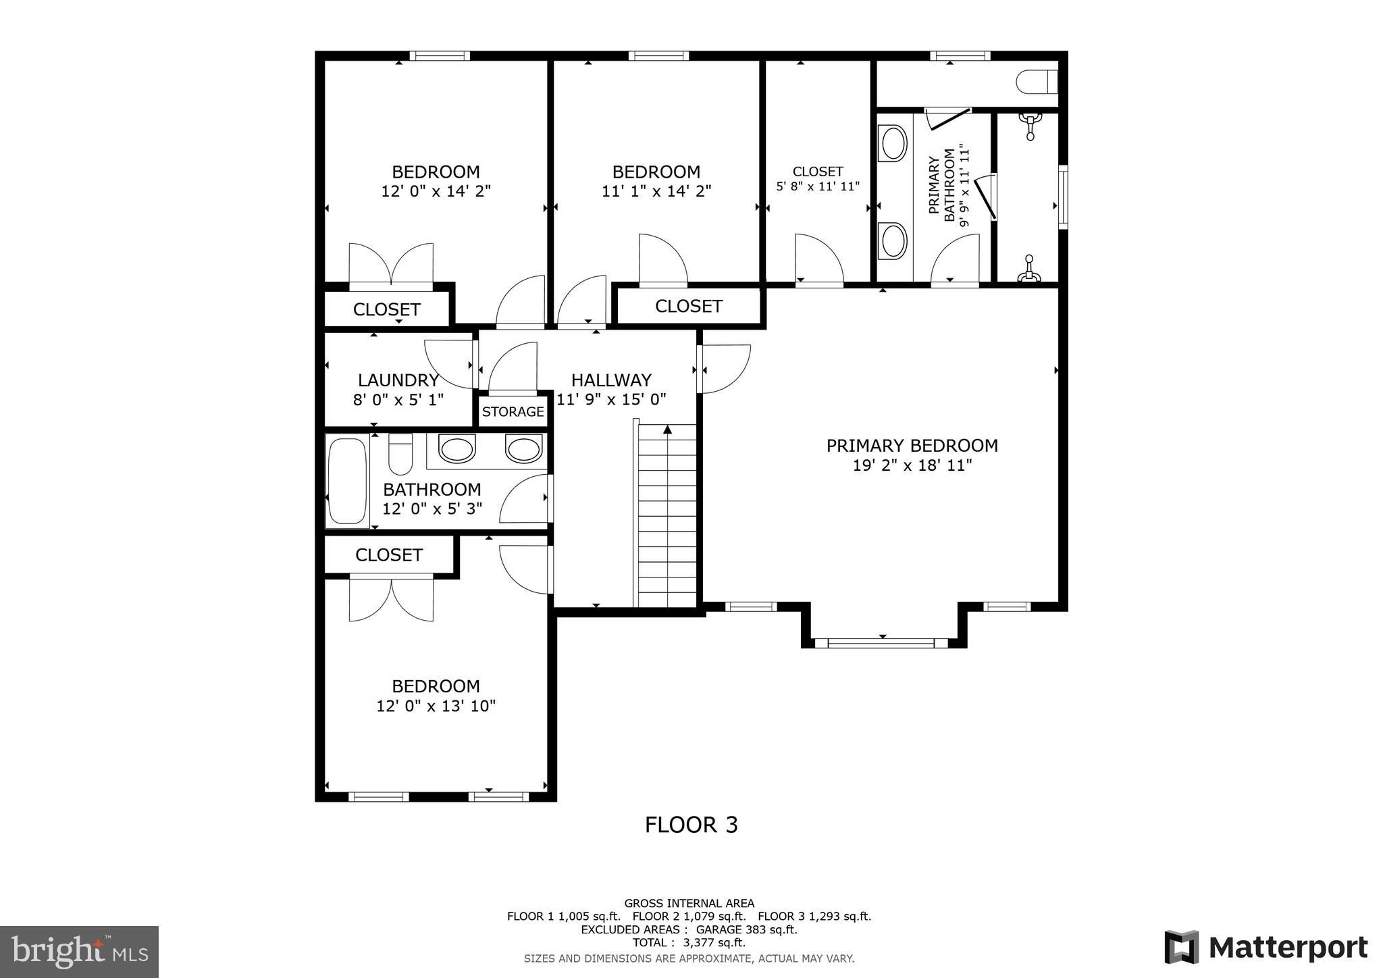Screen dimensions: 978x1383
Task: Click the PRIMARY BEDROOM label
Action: click(x=912, y=446)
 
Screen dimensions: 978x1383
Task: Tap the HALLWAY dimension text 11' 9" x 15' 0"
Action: click(x=612, y=399)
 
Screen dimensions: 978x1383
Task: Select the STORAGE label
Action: click(x=513, y=412)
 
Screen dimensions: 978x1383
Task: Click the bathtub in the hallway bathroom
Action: click(x=346, y=480)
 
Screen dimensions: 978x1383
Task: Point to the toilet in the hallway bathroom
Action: click(x=400, y=455)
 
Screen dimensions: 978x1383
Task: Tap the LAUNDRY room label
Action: click(x=398, y=380)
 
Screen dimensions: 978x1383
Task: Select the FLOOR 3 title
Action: click(x=691, y=825)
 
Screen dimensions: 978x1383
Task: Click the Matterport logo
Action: click(x=1265, y=948)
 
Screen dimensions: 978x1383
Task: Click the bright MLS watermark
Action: click(x=79, y=952)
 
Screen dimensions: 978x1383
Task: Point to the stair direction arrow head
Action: click(x=667, y=429)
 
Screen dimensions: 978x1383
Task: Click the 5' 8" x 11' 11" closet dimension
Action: click(x=817, y=186)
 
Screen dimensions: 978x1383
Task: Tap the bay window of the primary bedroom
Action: click(x=881, y=642)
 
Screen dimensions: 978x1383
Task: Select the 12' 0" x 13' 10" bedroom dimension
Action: click(x=436, y=706)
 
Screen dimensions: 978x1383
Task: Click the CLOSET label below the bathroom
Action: click(x=389, y=555)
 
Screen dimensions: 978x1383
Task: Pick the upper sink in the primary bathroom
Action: click(x=894, y=143)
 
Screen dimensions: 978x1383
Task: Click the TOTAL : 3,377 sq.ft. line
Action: click(x=689, y=942)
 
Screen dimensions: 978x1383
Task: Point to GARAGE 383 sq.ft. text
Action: click(x=749, y=929)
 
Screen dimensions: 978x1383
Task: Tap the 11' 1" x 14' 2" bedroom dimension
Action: click(x=656, y=192)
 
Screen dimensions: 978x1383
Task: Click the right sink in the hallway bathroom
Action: click(x=523, y=448)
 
